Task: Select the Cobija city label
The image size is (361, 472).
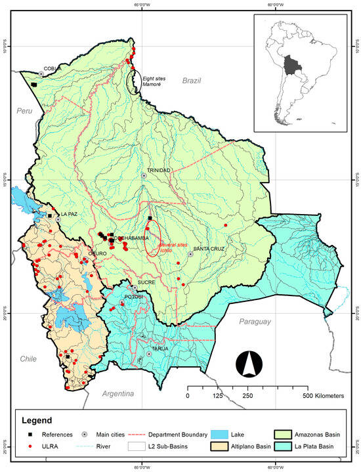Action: tap(53, 68)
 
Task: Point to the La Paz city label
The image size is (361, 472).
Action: tap(69, 214)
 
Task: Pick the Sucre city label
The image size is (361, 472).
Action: tap(146, 282)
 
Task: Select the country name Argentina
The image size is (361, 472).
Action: tap(118, 393)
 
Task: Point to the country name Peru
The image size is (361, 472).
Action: tap(24, 112)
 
